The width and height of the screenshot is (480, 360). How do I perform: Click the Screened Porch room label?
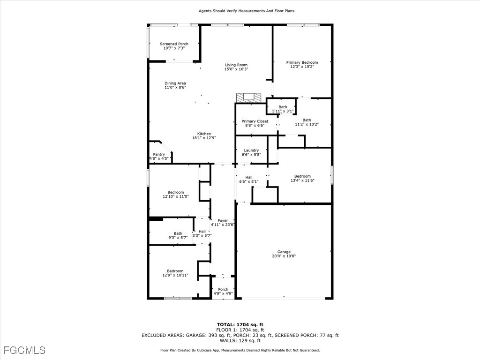(174, 44)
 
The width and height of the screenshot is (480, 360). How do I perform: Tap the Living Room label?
(236, 65)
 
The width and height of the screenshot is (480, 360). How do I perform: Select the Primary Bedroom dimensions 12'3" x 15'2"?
(302, 67)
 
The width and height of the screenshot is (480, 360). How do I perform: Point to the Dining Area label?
(175, 83)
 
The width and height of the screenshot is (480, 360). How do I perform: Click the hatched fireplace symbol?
(248, 98)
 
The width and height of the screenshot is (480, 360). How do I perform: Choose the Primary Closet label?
(255, 121)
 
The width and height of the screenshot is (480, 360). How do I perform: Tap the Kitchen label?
(204, 134)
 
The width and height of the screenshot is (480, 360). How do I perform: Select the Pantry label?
(159, 155)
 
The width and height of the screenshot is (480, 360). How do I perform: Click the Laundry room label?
(251, 150)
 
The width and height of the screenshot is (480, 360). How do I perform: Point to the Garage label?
(284, 252)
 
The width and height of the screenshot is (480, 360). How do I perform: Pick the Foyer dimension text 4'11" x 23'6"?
(223, 225)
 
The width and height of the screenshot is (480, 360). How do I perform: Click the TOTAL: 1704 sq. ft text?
(240, 325)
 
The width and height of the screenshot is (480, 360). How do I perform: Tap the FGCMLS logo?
(24, 350)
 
